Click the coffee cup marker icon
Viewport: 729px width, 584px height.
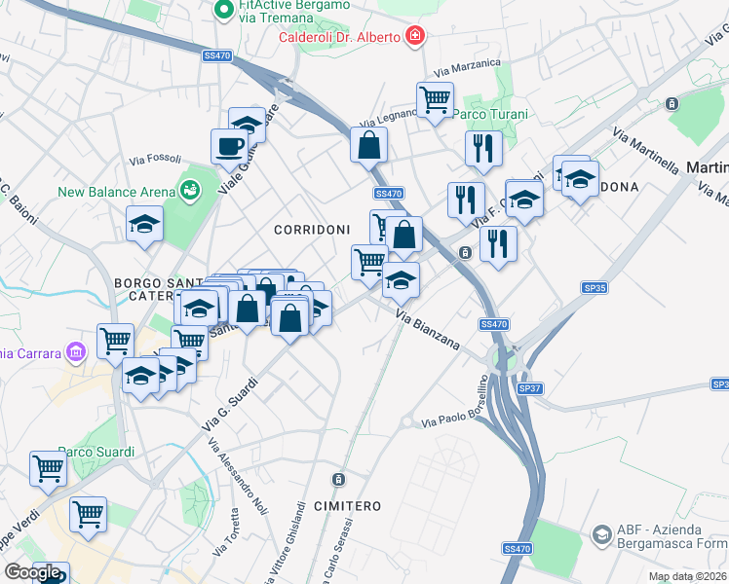coord(229,146)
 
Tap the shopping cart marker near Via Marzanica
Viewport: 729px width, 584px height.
coord(434,98)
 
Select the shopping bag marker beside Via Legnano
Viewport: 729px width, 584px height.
coord(369,146)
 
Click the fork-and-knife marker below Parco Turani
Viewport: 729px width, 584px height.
coord(482,148)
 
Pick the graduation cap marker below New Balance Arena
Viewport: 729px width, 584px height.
coord(144,224)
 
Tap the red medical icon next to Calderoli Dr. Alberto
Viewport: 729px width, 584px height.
coord(416,37)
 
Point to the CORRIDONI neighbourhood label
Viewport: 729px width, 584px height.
coord(311,230)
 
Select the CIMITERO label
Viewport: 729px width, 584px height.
coord(347,506)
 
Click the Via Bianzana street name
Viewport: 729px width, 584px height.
coord(428,330)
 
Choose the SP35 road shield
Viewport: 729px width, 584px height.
coord(595,288)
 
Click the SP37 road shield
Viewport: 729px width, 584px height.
coord(529,388)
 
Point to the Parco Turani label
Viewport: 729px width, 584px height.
coord(492,115)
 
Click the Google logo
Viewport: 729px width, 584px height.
coord(32,572)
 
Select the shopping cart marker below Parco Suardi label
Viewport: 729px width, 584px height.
coord(47,468)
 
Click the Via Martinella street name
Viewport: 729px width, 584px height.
coord(646,150)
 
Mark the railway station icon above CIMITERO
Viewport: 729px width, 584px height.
coord(337,480)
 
